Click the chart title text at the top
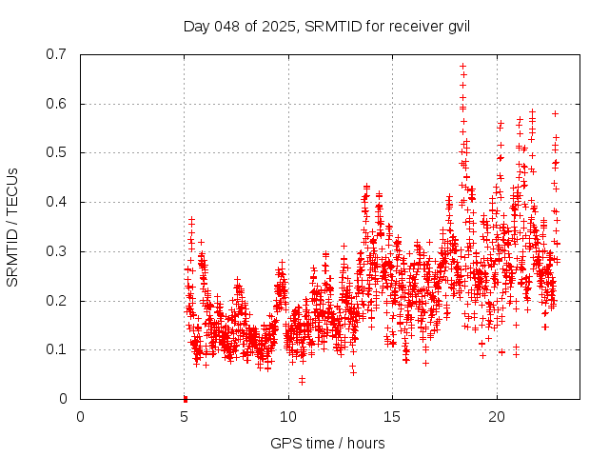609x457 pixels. coord(326,26)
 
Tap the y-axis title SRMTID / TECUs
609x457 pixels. coord(12,227)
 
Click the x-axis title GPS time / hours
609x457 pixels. coord(327,443)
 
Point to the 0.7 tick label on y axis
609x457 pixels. coord(58,54)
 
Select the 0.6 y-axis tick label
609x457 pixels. coord(58,104)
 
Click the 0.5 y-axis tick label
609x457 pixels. coord(58,152)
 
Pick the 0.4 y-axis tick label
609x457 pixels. coord(58,202)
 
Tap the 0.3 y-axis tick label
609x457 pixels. coord(58,251)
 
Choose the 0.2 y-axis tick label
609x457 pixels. coord(58,301)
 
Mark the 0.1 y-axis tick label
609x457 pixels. coord(58,349)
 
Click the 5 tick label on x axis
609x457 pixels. coord(185,417)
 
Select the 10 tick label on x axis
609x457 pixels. coord(288,417)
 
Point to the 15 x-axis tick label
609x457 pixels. coord(393,417)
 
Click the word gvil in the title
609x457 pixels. coord(458,26)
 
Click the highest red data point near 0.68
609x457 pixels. coord(462,66)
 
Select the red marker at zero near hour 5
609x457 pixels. coord(185,398)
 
